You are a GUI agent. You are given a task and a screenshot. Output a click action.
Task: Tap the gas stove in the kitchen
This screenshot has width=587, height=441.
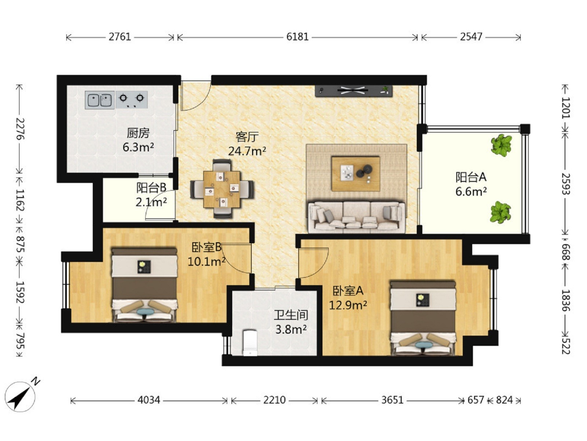click(x=132, y=100)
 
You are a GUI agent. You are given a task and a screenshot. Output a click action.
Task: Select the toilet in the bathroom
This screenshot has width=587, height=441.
click(x=250, y=343)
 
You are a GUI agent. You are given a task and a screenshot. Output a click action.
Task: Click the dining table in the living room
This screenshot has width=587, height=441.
click(x=222, y=189)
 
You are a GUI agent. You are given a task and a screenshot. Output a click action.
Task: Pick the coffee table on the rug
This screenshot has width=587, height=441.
click(x=356, y=174)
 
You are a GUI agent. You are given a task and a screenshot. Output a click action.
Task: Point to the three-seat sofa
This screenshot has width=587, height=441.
click(x=357, y=217)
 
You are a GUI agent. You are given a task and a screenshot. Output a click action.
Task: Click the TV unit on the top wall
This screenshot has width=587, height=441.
click(x=354, y=91)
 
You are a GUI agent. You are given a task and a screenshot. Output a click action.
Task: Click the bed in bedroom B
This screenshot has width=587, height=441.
click(x=145, y=285)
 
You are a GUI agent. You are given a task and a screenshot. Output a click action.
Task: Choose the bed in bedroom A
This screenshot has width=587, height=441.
click(x=423, y=318)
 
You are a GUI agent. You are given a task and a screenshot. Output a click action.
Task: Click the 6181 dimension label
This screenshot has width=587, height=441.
click(x=298, y=37)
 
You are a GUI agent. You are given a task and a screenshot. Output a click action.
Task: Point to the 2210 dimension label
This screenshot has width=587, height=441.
click(x=274, y=400)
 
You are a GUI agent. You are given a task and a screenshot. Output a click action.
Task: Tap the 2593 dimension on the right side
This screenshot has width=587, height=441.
click(x=565, y=184)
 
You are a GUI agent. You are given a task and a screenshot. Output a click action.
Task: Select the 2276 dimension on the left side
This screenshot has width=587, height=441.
click(x=20, y=129)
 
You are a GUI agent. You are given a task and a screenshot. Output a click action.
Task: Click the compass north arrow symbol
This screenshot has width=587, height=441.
click(x=21, y=395)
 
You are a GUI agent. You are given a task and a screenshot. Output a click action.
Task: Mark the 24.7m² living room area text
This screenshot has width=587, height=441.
click(x=247, y=151)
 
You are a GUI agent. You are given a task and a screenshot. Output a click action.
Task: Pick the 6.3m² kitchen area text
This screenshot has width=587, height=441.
click(x=138, y=147)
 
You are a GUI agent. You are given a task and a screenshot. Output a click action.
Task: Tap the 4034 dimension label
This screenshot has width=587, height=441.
click(x=149, y=400)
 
